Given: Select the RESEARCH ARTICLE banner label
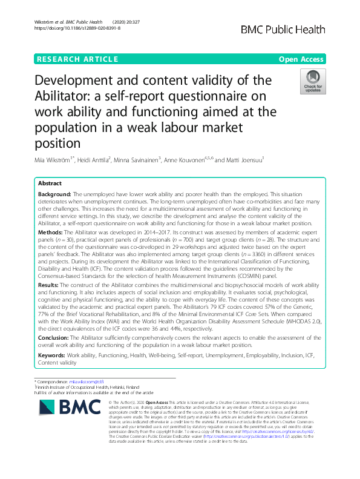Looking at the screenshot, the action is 77,59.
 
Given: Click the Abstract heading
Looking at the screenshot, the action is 50,182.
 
